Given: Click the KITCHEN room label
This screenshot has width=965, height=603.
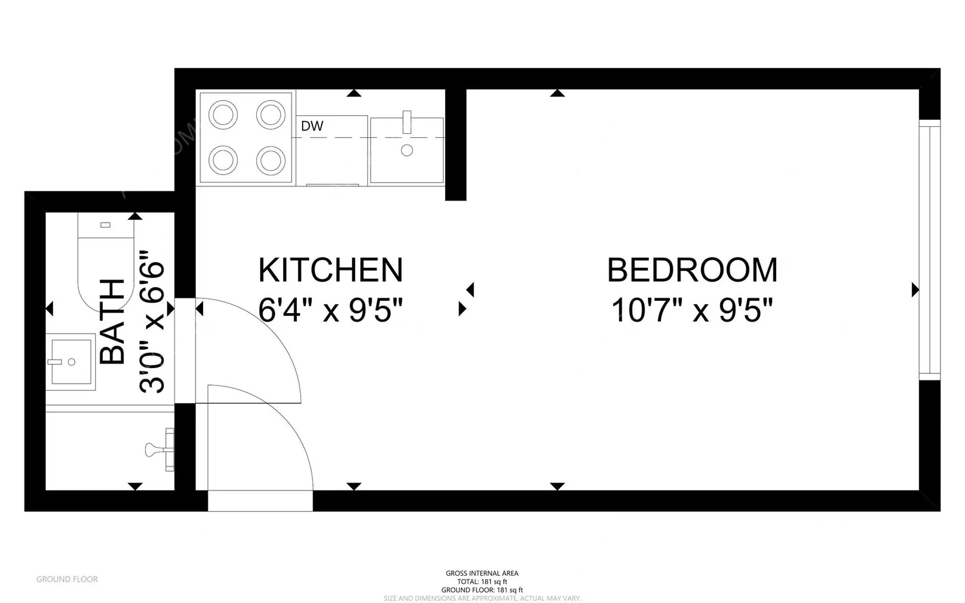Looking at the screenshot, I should (x=331, y=270).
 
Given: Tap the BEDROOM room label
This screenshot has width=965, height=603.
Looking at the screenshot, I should (x=692, y=270).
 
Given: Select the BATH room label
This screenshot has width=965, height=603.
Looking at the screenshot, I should (x=113, y=322).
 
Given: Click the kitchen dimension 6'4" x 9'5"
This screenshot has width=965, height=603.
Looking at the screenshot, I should (x=331, y=311).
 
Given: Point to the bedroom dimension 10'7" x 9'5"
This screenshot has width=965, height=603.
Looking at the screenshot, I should (x=692, y=311).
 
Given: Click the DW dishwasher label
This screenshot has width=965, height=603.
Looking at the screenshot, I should (x=312, y=126).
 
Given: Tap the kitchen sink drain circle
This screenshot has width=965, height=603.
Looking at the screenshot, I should (x=407, y=151).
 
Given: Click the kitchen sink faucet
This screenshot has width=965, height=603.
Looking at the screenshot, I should (x=407, y=122).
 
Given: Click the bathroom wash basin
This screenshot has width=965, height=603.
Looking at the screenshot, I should (x=70, y=362).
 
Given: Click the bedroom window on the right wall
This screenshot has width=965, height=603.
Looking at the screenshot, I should (x=929, y=250).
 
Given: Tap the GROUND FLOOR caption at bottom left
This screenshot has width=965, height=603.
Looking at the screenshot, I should (x=67, y=579).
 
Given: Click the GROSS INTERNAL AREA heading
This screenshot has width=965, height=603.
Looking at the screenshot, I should (x=482, y=573).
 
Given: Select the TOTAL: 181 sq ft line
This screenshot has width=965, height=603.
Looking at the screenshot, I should (x=482, y=582).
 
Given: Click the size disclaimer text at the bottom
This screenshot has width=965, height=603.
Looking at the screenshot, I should (x=482, y=598).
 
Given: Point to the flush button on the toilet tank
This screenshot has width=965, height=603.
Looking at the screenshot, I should (x=105, y=225).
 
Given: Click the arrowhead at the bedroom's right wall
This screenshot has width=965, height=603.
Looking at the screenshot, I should (x=915, y=290).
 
